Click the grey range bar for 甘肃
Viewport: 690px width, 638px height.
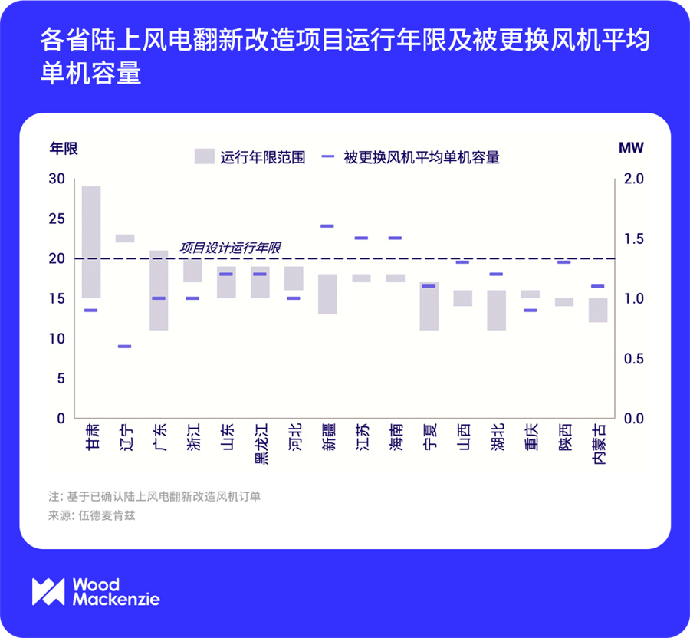click(91, 242)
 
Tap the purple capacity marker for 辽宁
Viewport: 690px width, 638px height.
click(125, 347)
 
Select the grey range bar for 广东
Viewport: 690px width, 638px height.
click(159, 290)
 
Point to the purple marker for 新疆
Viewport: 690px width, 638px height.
click(327, 226)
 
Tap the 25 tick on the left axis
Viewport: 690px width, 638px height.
click(57, 219)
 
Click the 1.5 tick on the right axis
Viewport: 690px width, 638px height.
click(632, 238)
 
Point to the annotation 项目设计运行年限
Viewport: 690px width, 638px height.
click(230, 248)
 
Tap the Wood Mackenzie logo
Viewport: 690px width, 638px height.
click(96, 591)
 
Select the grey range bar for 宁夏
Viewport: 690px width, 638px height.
click(429, 306)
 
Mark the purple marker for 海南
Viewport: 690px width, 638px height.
click(395, 238)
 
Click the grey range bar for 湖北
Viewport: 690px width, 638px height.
click(496, 310)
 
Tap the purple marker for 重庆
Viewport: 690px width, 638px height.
click(530, 310)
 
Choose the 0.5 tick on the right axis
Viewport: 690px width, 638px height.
click(632, 359)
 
